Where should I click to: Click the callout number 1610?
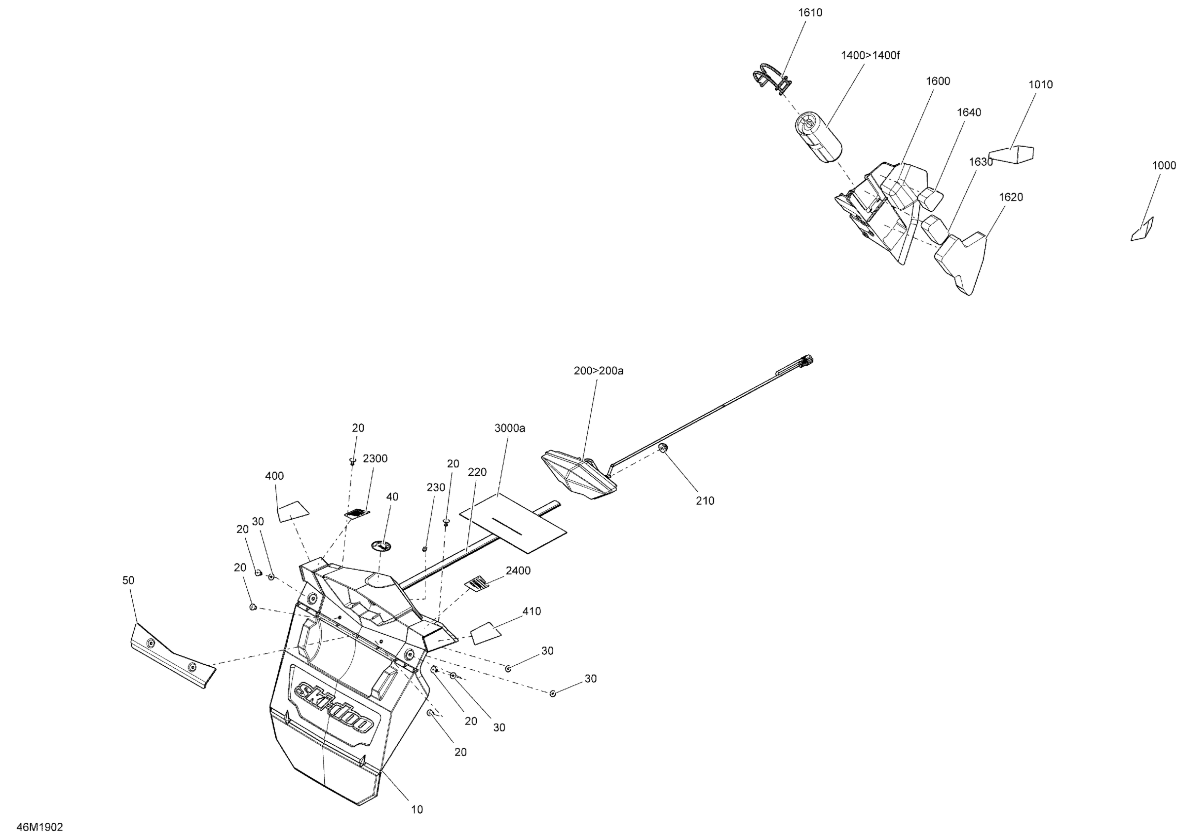tap(810, 13)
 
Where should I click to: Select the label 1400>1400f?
tap(870, 55)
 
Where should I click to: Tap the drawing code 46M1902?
tap(39, 827)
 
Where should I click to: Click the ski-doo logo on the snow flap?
tap(334, 707)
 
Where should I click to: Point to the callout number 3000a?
tap(509, 428)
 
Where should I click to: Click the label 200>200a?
tap(598, 371)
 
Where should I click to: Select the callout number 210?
tap(704, 500)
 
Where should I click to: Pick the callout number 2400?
tap(518, 571)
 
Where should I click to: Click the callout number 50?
tap(128, 580)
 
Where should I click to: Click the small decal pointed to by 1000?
tap(1142, 229)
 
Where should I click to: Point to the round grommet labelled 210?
tap(664, 448)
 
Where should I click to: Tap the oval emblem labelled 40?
tap(381, 545)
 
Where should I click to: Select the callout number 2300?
tap(375, 458)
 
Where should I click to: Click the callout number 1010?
tap(1040, 85)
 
